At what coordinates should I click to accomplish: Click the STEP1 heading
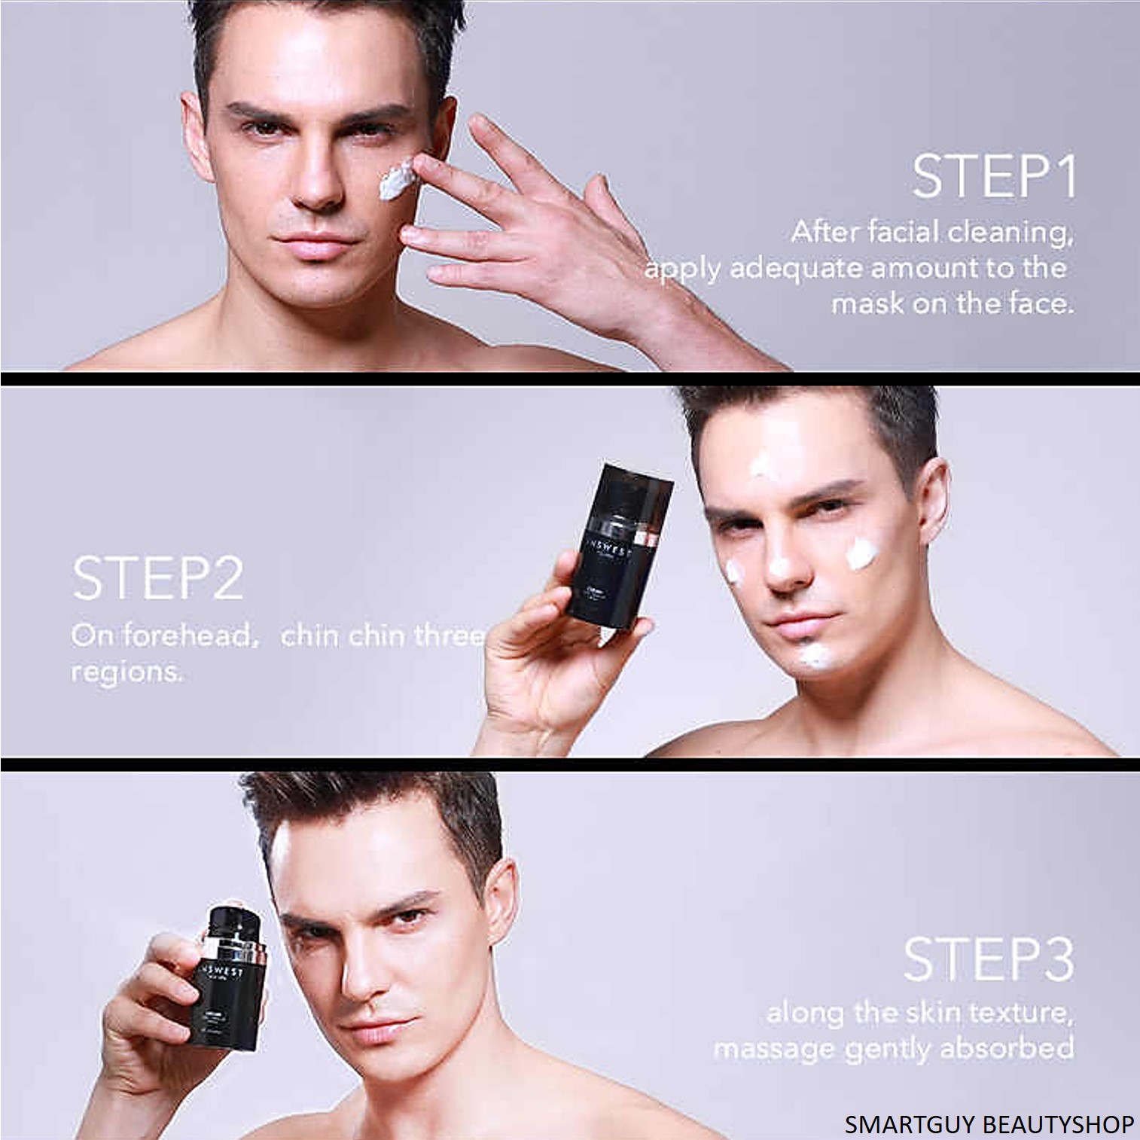click(994, 177)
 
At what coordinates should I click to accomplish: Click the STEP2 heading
click(158, 578)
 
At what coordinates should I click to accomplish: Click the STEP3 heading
click(989, 959)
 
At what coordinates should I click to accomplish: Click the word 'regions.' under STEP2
click(126, 671)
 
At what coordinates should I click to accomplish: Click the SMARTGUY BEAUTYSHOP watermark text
click(989, 1124)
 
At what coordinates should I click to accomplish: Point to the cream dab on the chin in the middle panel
click(813, 655)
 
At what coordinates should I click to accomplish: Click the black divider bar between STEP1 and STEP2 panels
click(570, 378)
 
